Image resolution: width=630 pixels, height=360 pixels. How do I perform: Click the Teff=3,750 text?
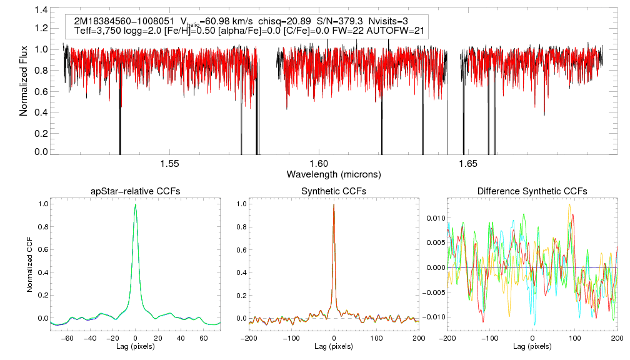pyautogui.click(x=95, y=31)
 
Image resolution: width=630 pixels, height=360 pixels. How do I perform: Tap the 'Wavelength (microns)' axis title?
pyautogui.click(x=334, y=173)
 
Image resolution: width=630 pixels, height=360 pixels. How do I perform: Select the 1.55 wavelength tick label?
pyautogui.click(x=169, y=164)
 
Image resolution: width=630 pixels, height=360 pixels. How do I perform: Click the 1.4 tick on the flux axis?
pyautogui.click(x=41, y=11)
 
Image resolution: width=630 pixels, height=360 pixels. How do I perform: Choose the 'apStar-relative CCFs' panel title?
pyautogui.click(x=136, y=191)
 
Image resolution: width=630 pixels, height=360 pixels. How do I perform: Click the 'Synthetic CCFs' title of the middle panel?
pyautogui.click(x=334, y=191)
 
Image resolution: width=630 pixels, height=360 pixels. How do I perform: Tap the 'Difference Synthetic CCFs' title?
pyautogui.click(x=532, y=191)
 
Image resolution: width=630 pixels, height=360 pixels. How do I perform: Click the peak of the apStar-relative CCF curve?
pyautogui.click(x=136, y=205)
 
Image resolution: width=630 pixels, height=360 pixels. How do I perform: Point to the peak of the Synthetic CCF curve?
pyautogui.click(x=334, y=204)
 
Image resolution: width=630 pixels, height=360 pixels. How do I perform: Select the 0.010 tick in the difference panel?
pyautogui.click(x=435, y=218)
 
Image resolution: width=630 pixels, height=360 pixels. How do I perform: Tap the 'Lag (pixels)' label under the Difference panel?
pyautogui.click(x=532, y=346)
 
